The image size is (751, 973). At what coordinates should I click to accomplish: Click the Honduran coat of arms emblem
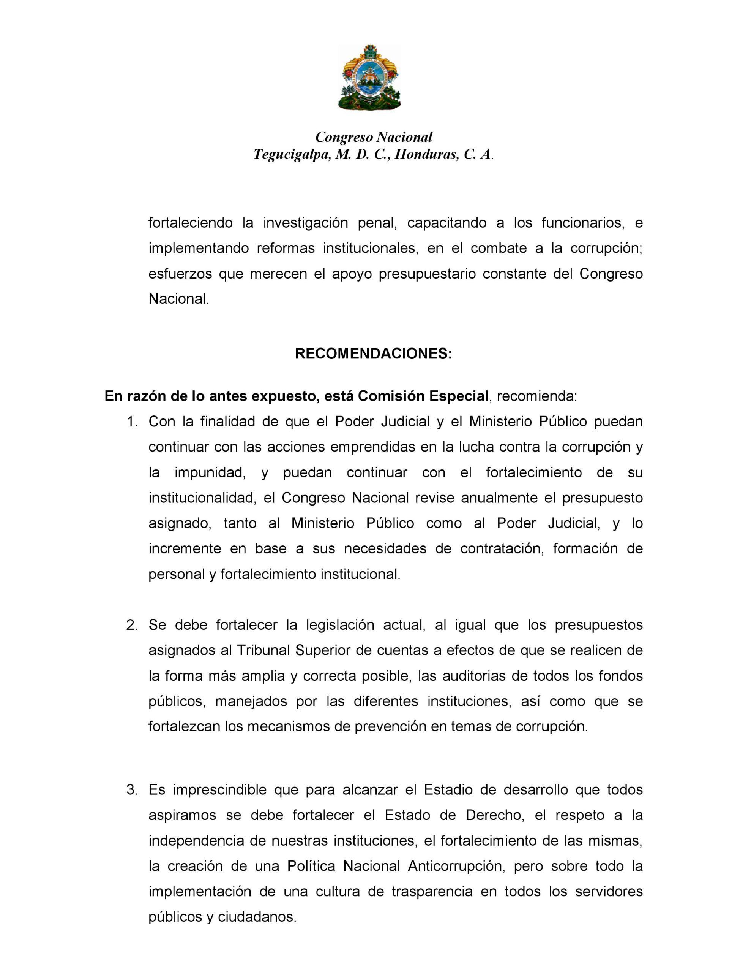pos(369,78)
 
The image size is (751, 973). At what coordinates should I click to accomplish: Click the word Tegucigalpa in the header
pos(292,154)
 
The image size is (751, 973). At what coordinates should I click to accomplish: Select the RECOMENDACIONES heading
pos(374,354)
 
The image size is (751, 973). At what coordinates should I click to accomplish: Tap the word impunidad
pos(210,472)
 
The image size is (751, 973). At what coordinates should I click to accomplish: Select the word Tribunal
pos(263,650)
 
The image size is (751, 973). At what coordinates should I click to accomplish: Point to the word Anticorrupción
pos(455,866)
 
